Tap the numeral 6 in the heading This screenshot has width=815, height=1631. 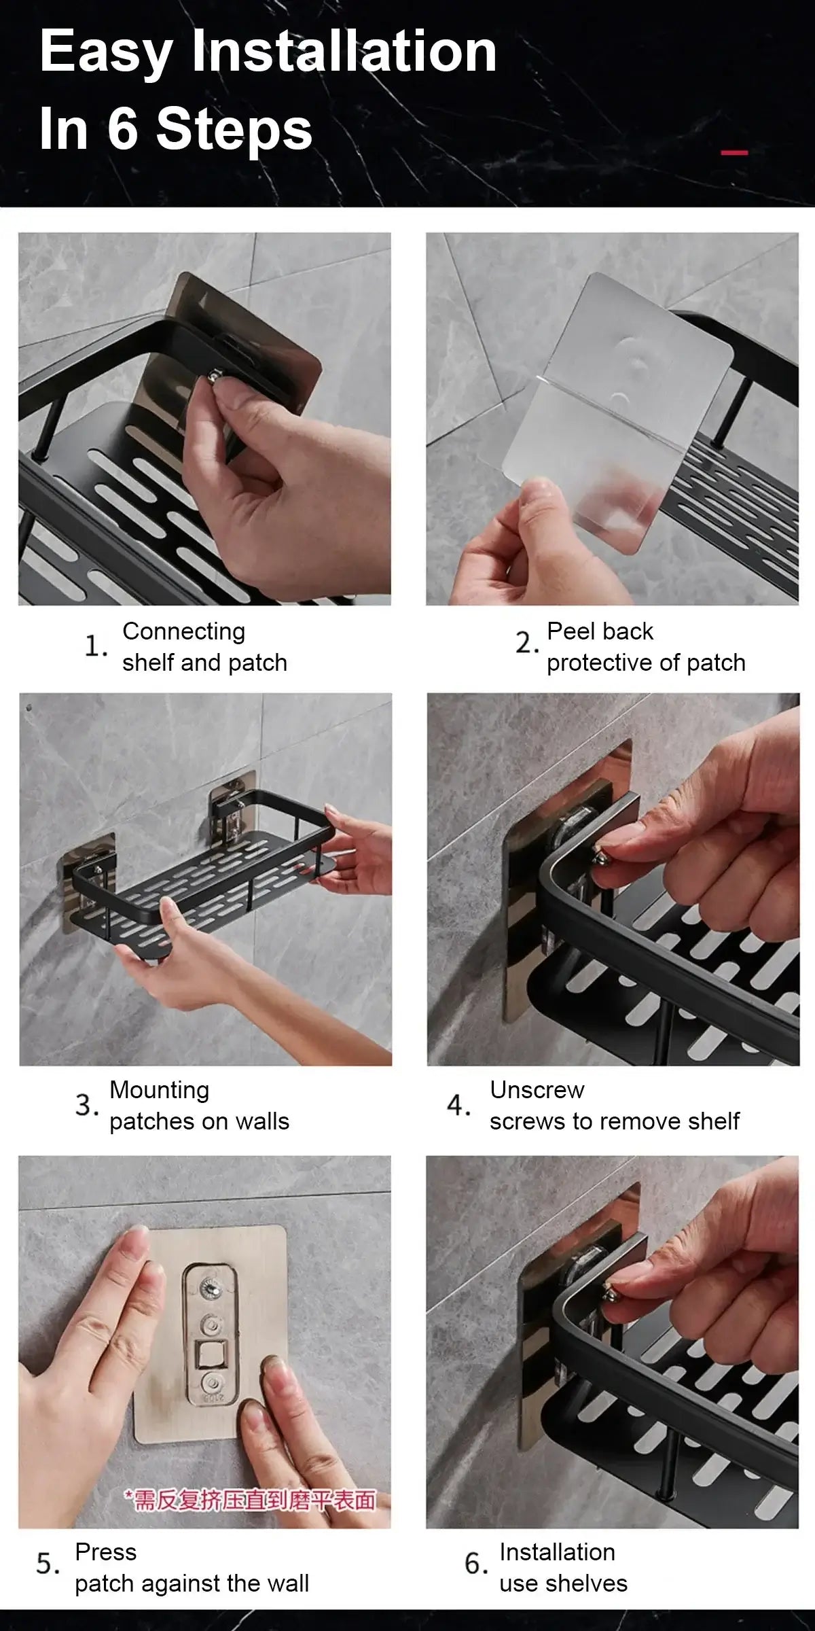[x=122, y=128]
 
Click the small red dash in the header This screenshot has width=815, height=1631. [x=734, y=152]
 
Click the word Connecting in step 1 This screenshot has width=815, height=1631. [x=183, y=632]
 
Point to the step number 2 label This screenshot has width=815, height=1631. [x=527, y=642]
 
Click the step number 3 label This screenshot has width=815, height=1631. [x=87, y=1105]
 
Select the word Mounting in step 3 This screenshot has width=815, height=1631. [x=160, y=1091]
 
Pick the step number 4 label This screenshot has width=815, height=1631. [x=458, y=1104]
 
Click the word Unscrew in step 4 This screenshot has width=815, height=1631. [x=537, y=1090]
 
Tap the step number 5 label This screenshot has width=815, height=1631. [x=48, y=1564]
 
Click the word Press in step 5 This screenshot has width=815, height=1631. [x=105, y=1552]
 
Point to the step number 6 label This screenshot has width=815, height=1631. [x=476, y=1564]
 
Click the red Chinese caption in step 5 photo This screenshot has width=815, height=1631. [x=249, y=1500]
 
